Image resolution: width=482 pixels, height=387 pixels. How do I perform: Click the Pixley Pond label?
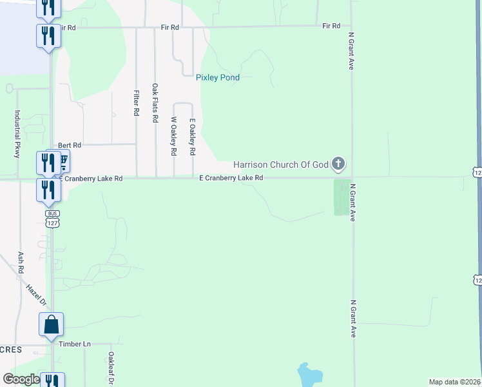[x=218, y=77]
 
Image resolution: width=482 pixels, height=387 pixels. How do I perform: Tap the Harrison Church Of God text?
[x=281, y=164]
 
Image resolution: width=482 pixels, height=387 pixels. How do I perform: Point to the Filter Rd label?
[x=136, y=103]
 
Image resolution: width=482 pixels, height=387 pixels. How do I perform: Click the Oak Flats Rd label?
[x=155, y=103]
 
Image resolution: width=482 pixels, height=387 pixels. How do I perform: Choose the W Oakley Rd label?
[x=173, y=136]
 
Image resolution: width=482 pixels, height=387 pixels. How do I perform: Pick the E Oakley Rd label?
[x=191, y=136]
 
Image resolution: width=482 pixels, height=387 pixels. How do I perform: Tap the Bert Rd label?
[x=70, y=146]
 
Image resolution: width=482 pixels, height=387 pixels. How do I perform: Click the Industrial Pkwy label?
[x=17, y=134]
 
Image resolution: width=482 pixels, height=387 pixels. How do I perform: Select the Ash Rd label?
[x=21, y=261]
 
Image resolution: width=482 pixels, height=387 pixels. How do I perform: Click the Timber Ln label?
[x=75, y=344]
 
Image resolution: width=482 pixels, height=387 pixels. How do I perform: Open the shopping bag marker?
[x=52, y=324]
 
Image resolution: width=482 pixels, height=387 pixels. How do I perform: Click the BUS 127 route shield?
[x=52, y=218]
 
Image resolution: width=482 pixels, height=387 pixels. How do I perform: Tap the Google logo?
[x=21, y=379]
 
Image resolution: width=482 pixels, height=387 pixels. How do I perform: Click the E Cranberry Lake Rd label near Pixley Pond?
[x=231, y=177]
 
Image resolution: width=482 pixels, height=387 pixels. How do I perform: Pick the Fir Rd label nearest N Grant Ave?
[x=331, y=26]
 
